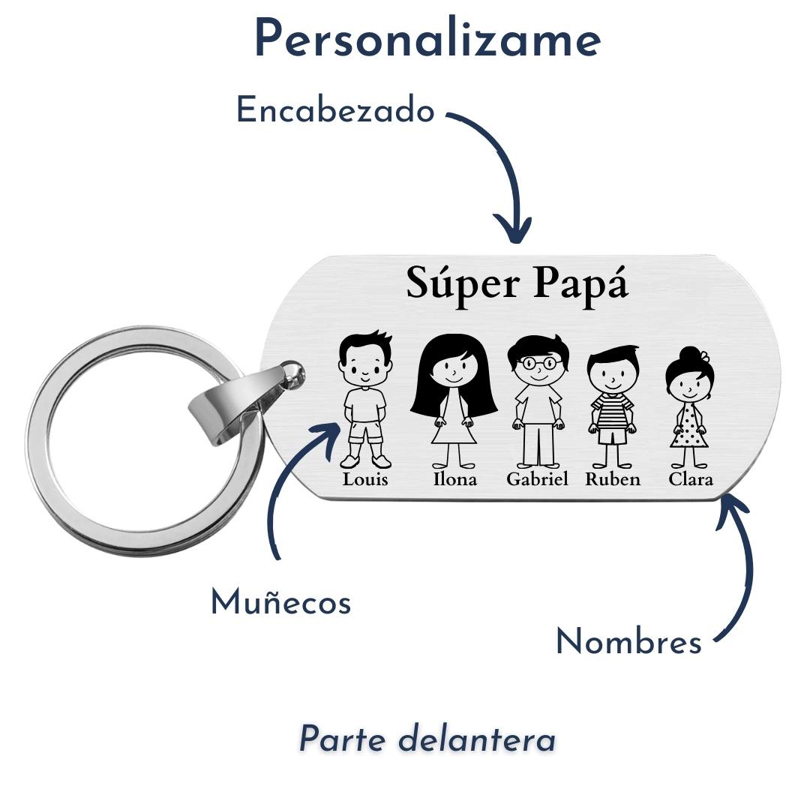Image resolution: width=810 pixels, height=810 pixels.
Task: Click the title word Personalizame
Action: [427, 40]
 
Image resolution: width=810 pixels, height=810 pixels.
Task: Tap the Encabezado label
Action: [335, 110]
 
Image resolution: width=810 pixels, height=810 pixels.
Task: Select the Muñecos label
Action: [281, 602]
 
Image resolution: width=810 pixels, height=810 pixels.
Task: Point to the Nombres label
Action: [628, 642]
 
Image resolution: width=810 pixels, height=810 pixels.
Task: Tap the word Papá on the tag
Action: [580, 284]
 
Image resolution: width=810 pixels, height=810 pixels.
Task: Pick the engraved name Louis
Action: [365, 478]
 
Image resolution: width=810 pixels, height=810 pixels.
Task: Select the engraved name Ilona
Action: [454, 478]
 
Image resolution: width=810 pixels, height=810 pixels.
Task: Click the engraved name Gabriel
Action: [537, 478]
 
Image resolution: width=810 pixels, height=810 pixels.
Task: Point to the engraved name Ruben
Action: [613, 478]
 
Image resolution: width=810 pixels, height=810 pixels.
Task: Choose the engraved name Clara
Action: [691, 478]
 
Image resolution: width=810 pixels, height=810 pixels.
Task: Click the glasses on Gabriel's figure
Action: [538, 363]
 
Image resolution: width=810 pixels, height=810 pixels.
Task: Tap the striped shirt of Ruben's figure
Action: [613, 411]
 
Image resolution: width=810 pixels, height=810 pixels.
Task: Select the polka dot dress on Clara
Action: [690, 425]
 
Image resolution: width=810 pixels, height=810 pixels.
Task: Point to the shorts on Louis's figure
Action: [365, 432]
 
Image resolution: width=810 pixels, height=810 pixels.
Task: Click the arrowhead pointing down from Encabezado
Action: [512, 228]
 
